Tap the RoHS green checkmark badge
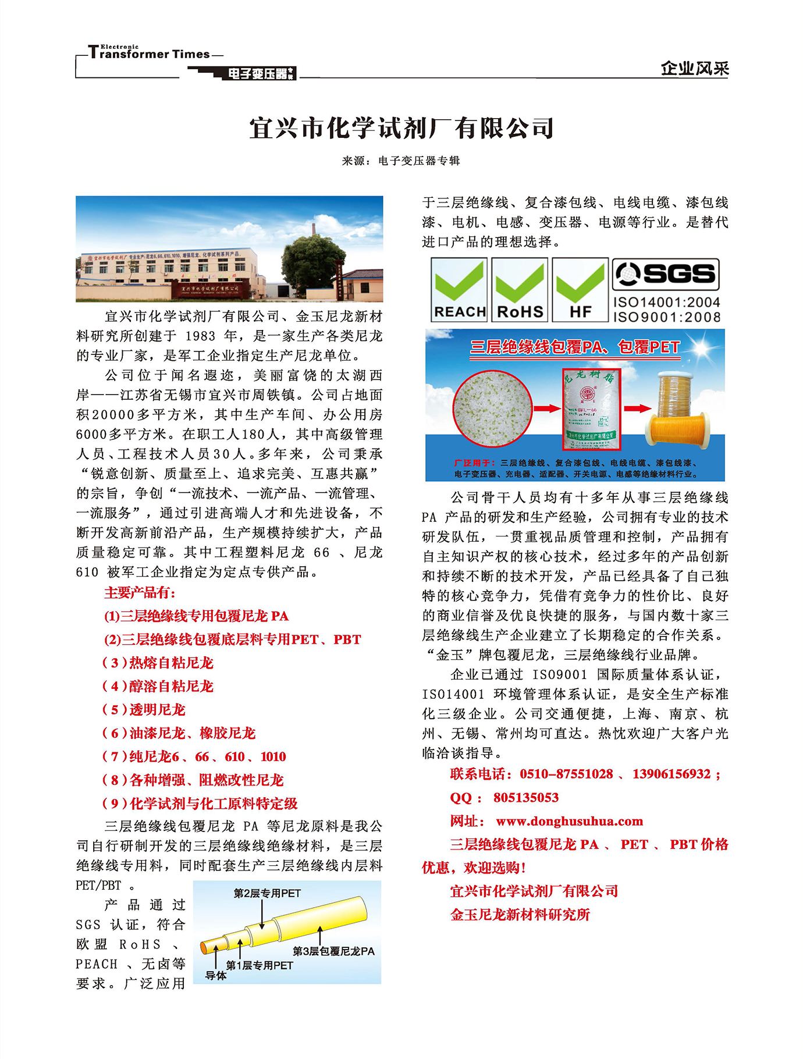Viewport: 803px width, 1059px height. pyautogui.click(x=520, y=289)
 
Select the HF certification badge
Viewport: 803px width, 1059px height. pyautogui.click(x=580, y=289)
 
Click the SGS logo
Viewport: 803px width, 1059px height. pyautogui.click(x=666, y=274)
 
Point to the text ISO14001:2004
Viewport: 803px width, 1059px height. pyautogui.click(x=666, y=302)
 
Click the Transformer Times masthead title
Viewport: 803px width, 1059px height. pyautogui.click(x=150, y=54)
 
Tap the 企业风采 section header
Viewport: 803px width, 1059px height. pyautogui.click(x=695, y=68)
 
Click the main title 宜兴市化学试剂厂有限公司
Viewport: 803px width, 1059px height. pyautogui.click(x=401, y=128)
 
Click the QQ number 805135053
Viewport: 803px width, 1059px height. pyautogui.click(x=526, y=798)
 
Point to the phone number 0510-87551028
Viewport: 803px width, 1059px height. pyautogui.click(x=566, y=774)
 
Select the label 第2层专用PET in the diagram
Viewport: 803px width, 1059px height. pyautogui.click(x=267, y=893)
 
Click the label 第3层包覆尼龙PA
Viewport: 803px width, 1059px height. pyautogui.click(x=333, y=951)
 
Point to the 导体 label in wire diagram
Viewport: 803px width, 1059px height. pyautogui.click(x=216, y=975)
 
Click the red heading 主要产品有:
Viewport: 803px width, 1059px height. pyautogui.click(x=140, y=593)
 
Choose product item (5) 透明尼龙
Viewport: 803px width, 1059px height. pyautogui.click(x=144, y=710)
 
